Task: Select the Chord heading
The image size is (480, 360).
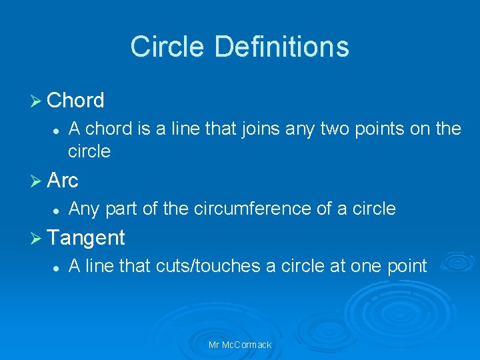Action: pyautogui.click(x=76, y=101)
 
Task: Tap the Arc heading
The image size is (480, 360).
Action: pyautogui.click(x=63, y=180)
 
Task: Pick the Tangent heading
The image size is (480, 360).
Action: pyautogui.click(x=87, y=237)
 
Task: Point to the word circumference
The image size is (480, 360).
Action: pyautogui.click(x=251, y=209)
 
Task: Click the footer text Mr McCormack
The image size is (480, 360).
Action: pyautogui.click(x=240, y=345)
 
